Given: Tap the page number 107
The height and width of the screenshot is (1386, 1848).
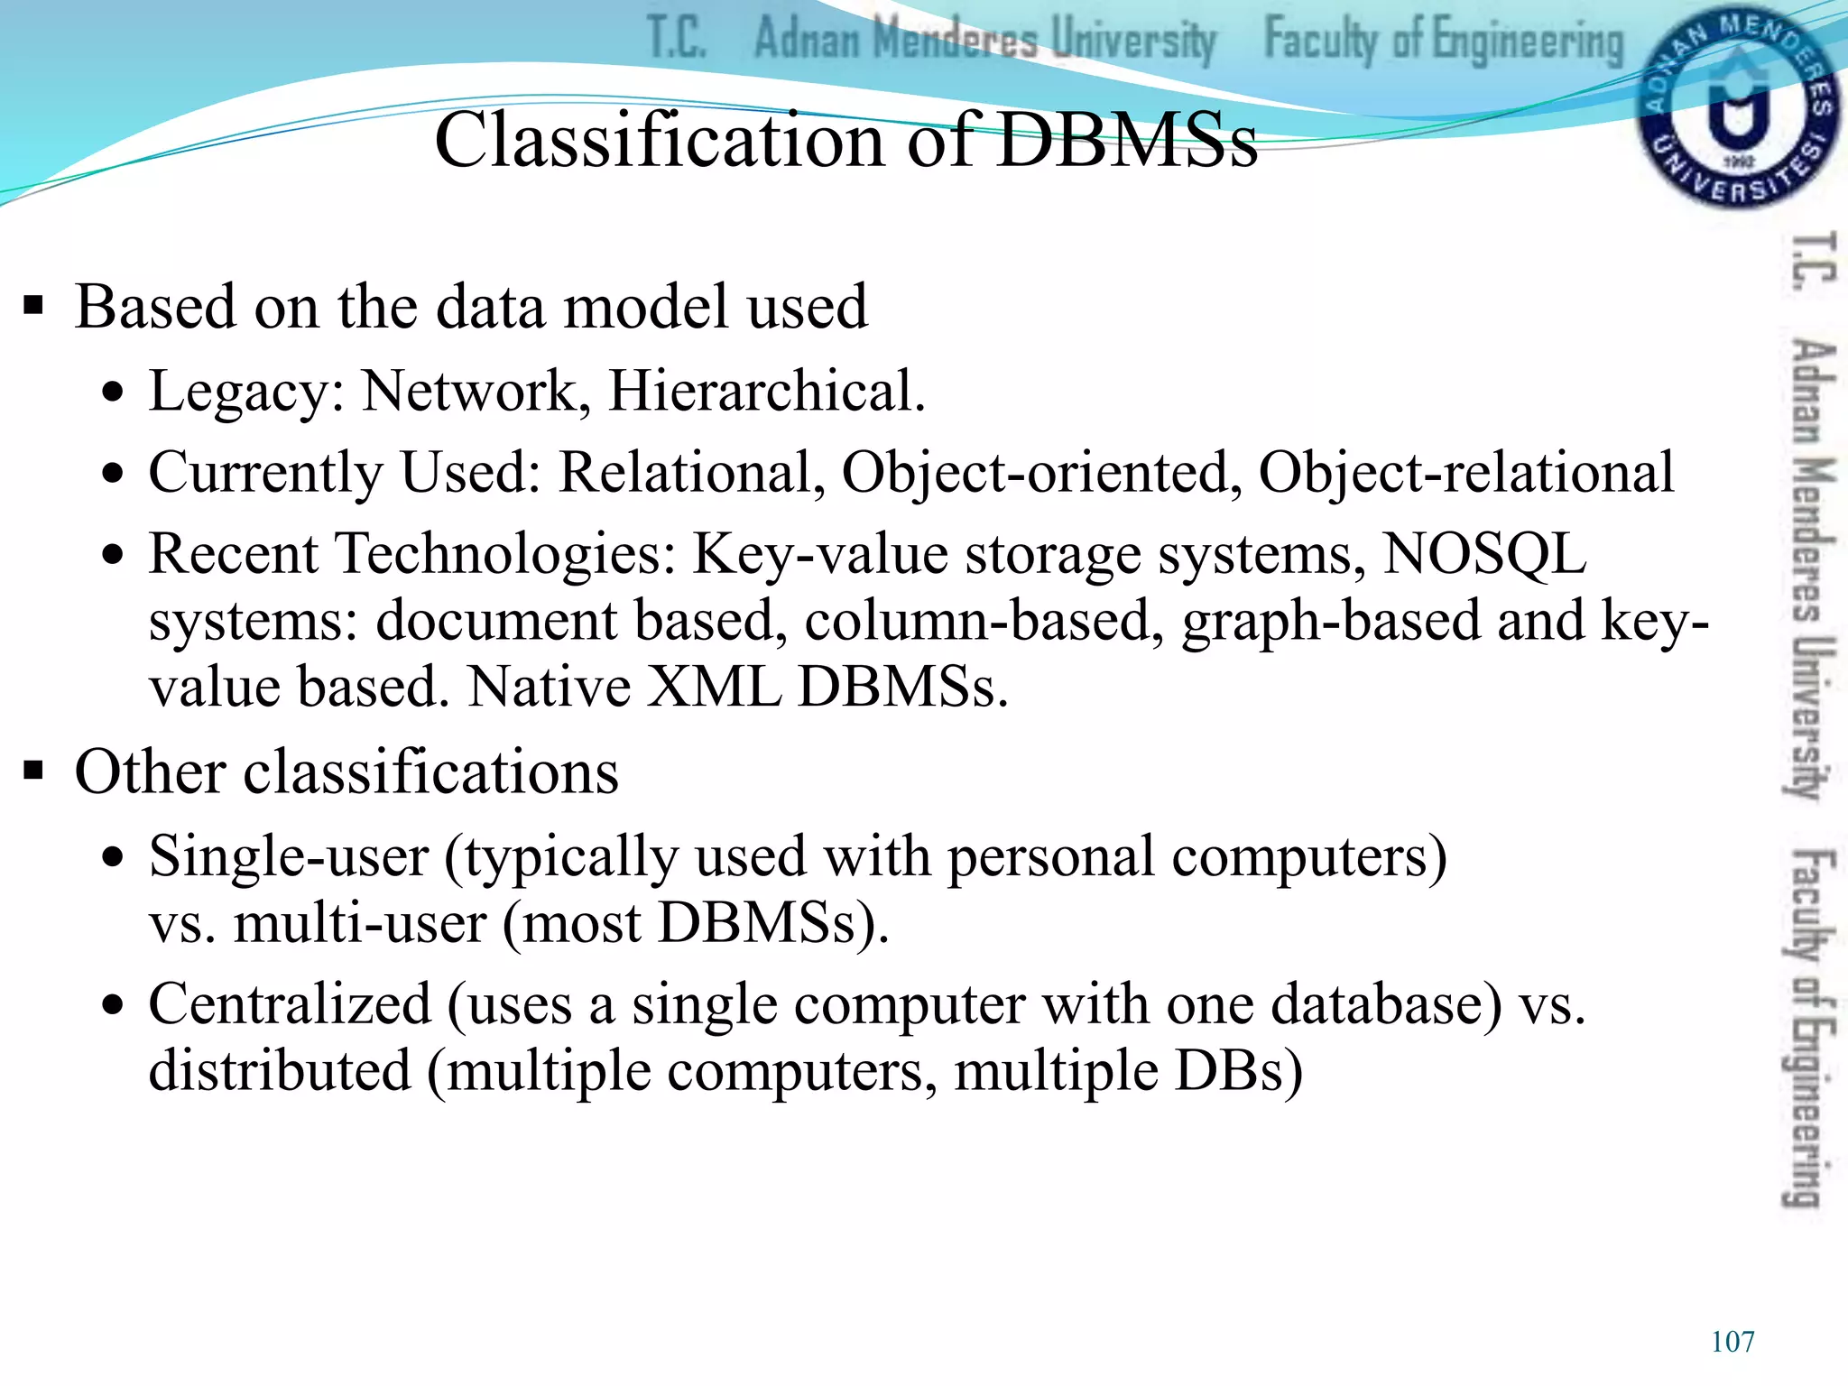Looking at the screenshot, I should (x=1732, y=1342).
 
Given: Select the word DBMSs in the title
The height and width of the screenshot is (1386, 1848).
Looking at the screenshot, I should (x=1127, y=141).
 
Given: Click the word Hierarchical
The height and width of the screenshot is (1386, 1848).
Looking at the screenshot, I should (x=766, y=392).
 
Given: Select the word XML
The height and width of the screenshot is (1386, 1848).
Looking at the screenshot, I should (x=715, y=687).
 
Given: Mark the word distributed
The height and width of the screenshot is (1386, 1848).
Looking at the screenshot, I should (x=280, y=1071).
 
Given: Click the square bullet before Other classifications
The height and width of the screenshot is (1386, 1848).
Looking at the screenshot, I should (x=34, y=772).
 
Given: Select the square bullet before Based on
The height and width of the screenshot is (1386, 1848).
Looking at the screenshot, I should (x=34, y=307).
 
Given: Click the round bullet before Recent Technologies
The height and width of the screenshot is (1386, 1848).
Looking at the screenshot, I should (x=112, y=554).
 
